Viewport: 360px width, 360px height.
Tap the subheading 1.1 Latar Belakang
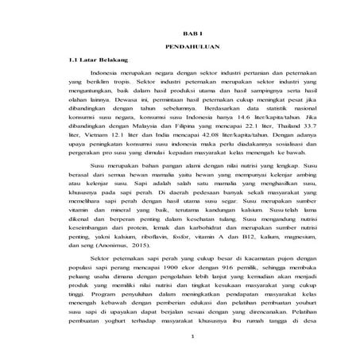pyautogui.click(x=99, y=60)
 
